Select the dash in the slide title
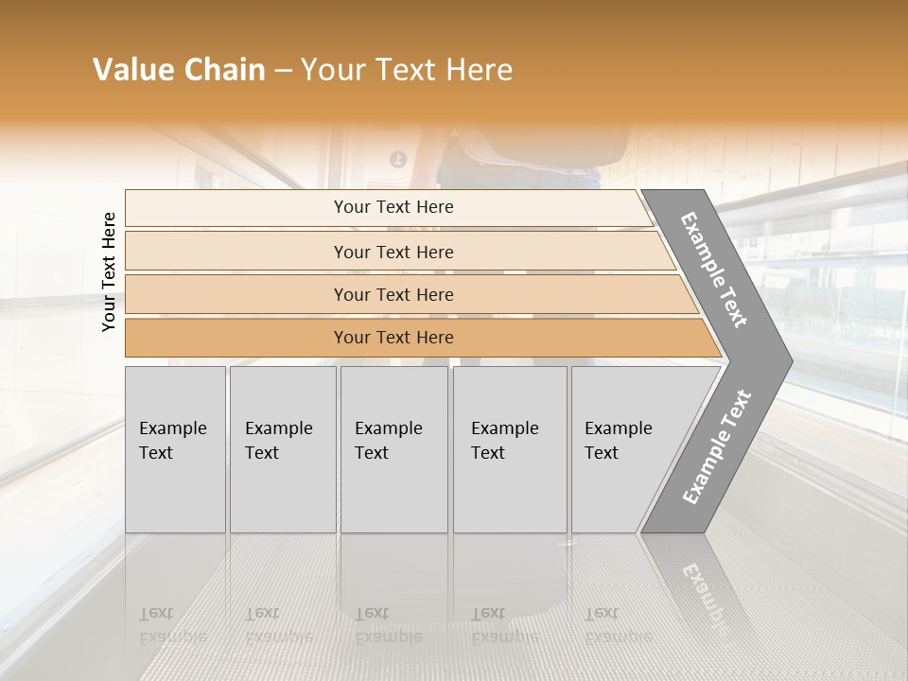(x=283, y=71)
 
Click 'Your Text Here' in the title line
(x=407, y=70)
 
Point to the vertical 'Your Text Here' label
(x=109, y=271)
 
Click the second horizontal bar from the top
(x=393, y=252)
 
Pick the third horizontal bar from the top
(x=393, y=294)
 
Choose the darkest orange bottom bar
(x=393, y=338)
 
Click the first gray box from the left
(x=175, y=449)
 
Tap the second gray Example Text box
(x=282, y=449)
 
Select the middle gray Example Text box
(x=393, y=449)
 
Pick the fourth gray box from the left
(x=509, y=449)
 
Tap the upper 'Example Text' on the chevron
(x=715, y=270)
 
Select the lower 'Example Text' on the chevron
(x=717, y=446)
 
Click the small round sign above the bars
(x=398, y=159)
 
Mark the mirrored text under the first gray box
(x=173, y=624)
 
